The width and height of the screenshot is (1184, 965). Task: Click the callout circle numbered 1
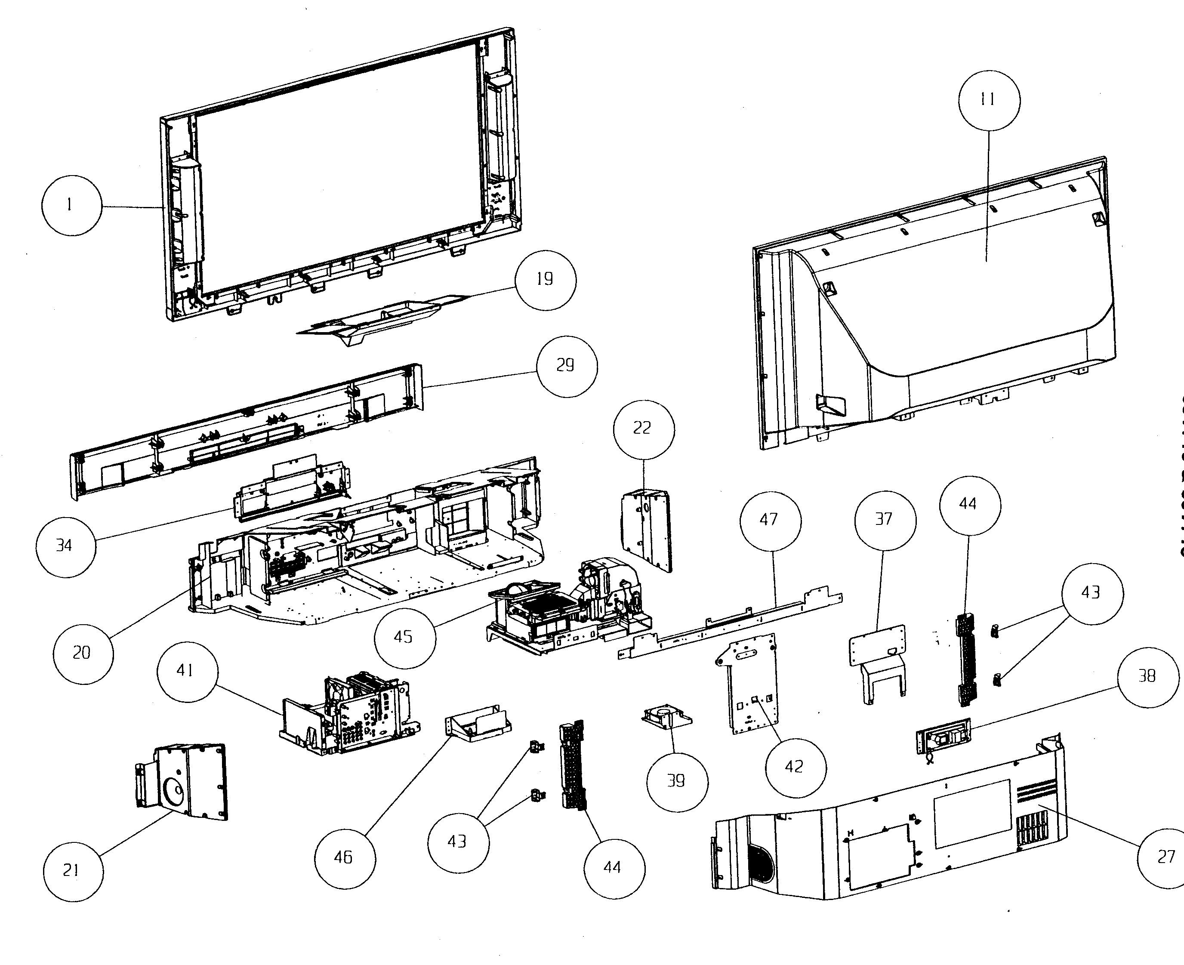(72, 206)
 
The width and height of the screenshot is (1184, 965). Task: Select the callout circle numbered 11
(989, 101)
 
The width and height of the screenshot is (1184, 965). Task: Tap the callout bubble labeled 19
(545, 280)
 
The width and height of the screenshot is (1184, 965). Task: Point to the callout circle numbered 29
(567, 366)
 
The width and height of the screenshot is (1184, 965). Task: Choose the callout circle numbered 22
(644, 429)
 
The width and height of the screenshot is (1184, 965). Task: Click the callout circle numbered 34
(65, 546)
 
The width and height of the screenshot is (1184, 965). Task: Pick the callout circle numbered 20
(83, 653)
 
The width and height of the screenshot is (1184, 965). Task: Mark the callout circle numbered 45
(405, 638)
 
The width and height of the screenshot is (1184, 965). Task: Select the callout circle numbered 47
(771, 521)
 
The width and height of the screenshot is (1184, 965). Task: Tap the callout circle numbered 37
(885, 520)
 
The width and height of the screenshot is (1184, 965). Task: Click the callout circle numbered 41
(187, 672)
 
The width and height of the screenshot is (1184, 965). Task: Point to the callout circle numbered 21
(73, 871)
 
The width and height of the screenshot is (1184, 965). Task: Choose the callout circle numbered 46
(345, 858)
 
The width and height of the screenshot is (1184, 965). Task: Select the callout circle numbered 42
(795, 768)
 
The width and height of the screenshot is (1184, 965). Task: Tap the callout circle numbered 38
(1148, 677)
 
